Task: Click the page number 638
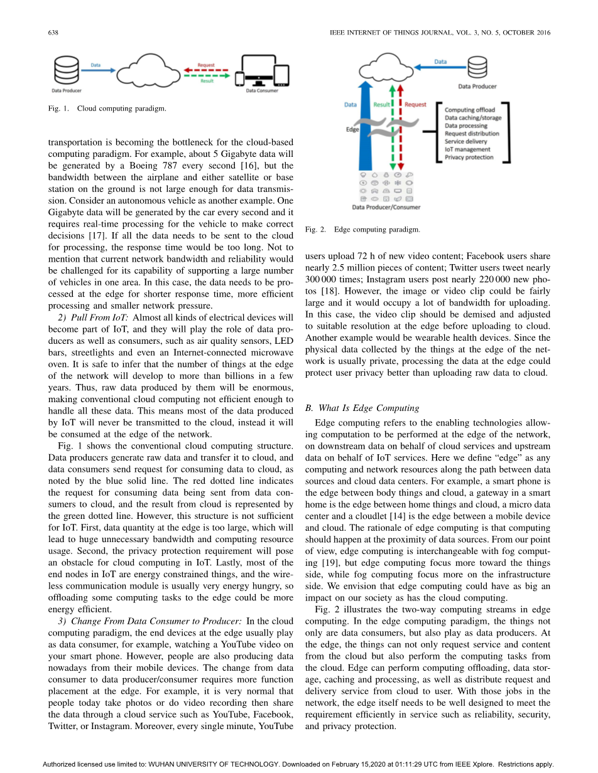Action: (53, 33)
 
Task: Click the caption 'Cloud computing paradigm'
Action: (121, 109)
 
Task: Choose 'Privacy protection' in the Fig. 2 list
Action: (469, 157)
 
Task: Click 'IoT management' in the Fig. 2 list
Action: (467, 149)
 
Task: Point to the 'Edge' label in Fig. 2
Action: (352, 129)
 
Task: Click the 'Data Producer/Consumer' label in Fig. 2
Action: (386, 206)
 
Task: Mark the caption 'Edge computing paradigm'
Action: (377, 230)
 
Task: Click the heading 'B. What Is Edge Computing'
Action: (362, 408)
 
